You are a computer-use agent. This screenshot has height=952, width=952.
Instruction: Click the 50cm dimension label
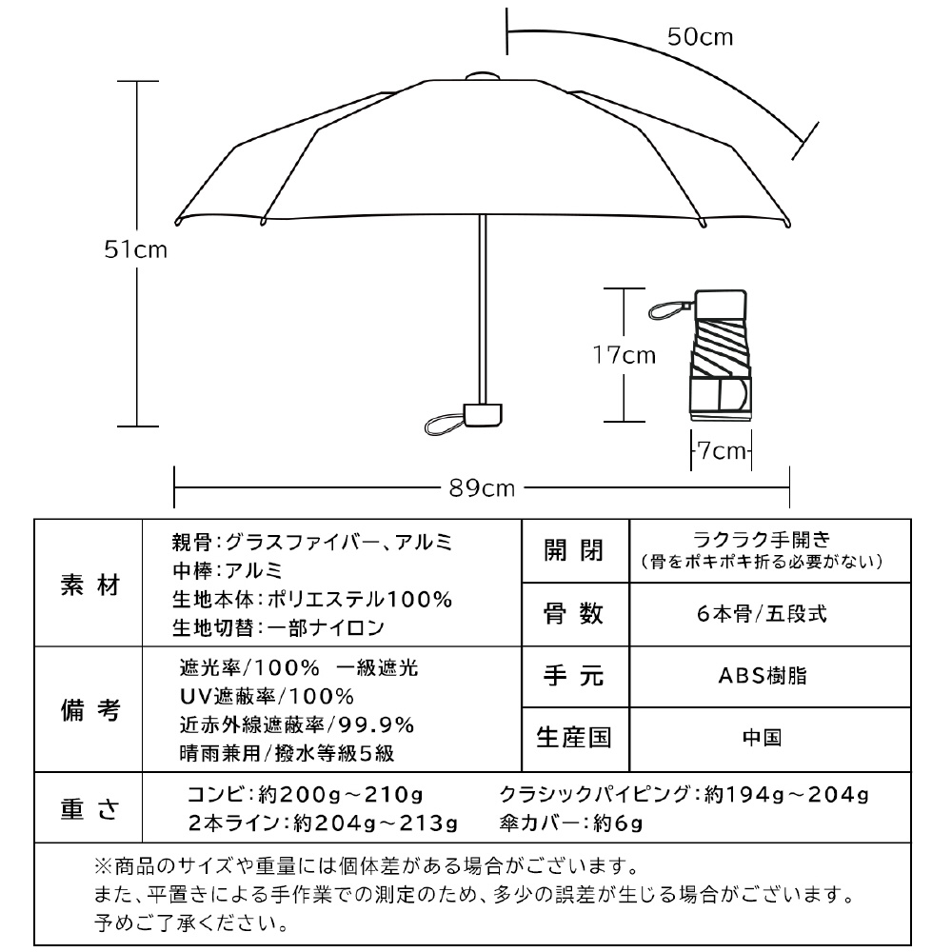700,37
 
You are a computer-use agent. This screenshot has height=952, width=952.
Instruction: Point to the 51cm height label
136,250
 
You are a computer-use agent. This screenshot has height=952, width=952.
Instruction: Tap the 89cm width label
482,489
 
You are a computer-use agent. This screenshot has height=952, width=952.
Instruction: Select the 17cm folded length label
625,355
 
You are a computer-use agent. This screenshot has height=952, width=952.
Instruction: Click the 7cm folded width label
723,450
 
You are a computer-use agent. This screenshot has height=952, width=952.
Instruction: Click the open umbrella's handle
483,414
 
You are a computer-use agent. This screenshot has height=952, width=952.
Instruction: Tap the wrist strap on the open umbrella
443,424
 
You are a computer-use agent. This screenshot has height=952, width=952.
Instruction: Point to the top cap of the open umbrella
483,74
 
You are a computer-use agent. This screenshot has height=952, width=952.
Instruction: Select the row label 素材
89,585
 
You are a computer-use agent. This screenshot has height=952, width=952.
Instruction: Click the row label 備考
89,710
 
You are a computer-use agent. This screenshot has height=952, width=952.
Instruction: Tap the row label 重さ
89,808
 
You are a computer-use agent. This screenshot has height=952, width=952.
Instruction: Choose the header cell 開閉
574,550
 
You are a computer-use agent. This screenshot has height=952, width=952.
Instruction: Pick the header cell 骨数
574,613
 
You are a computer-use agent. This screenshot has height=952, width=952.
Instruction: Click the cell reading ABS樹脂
761,675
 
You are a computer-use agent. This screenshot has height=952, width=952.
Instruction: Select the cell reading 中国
761,738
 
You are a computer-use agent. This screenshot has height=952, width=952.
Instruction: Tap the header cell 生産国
574,738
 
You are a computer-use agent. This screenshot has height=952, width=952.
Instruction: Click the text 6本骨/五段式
761,613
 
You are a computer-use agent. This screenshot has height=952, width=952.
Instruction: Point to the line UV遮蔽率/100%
267,696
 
